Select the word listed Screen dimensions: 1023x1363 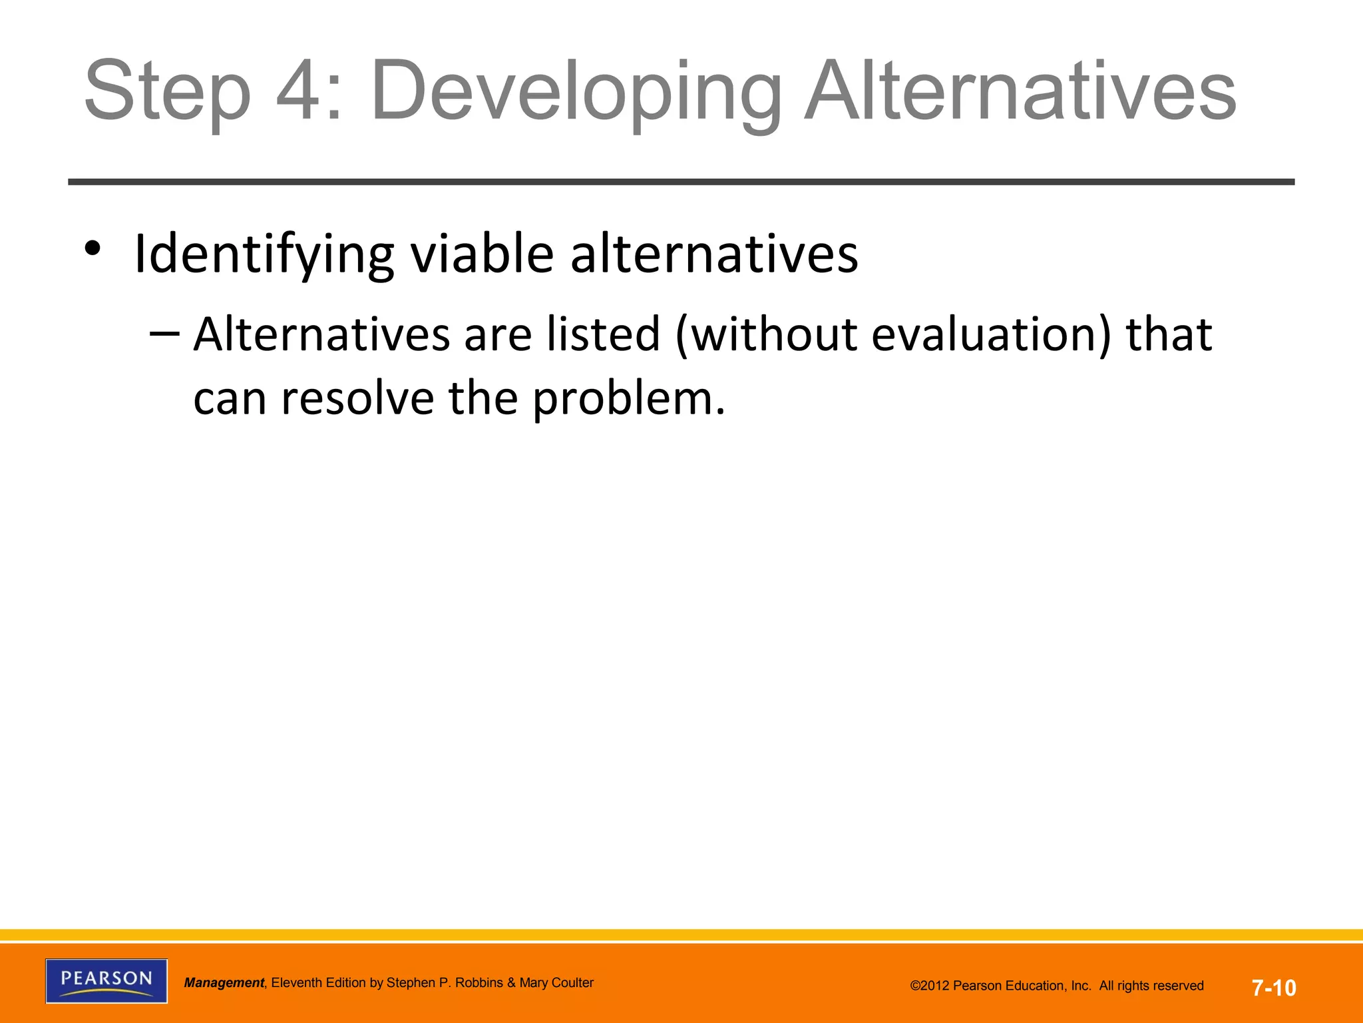603,334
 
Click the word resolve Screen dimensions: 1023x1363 357,398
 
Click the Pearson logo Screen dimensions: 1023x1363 106,980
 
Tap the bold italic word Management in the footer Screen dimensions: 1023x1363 224,983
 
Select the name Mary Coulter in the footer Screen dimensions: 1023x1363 556,983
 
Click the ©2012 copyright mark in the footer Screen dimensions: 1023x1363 932,986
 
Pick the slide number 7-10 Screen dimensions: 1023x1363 1274,987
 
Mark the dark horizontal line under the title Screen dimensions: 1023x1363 681,182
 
